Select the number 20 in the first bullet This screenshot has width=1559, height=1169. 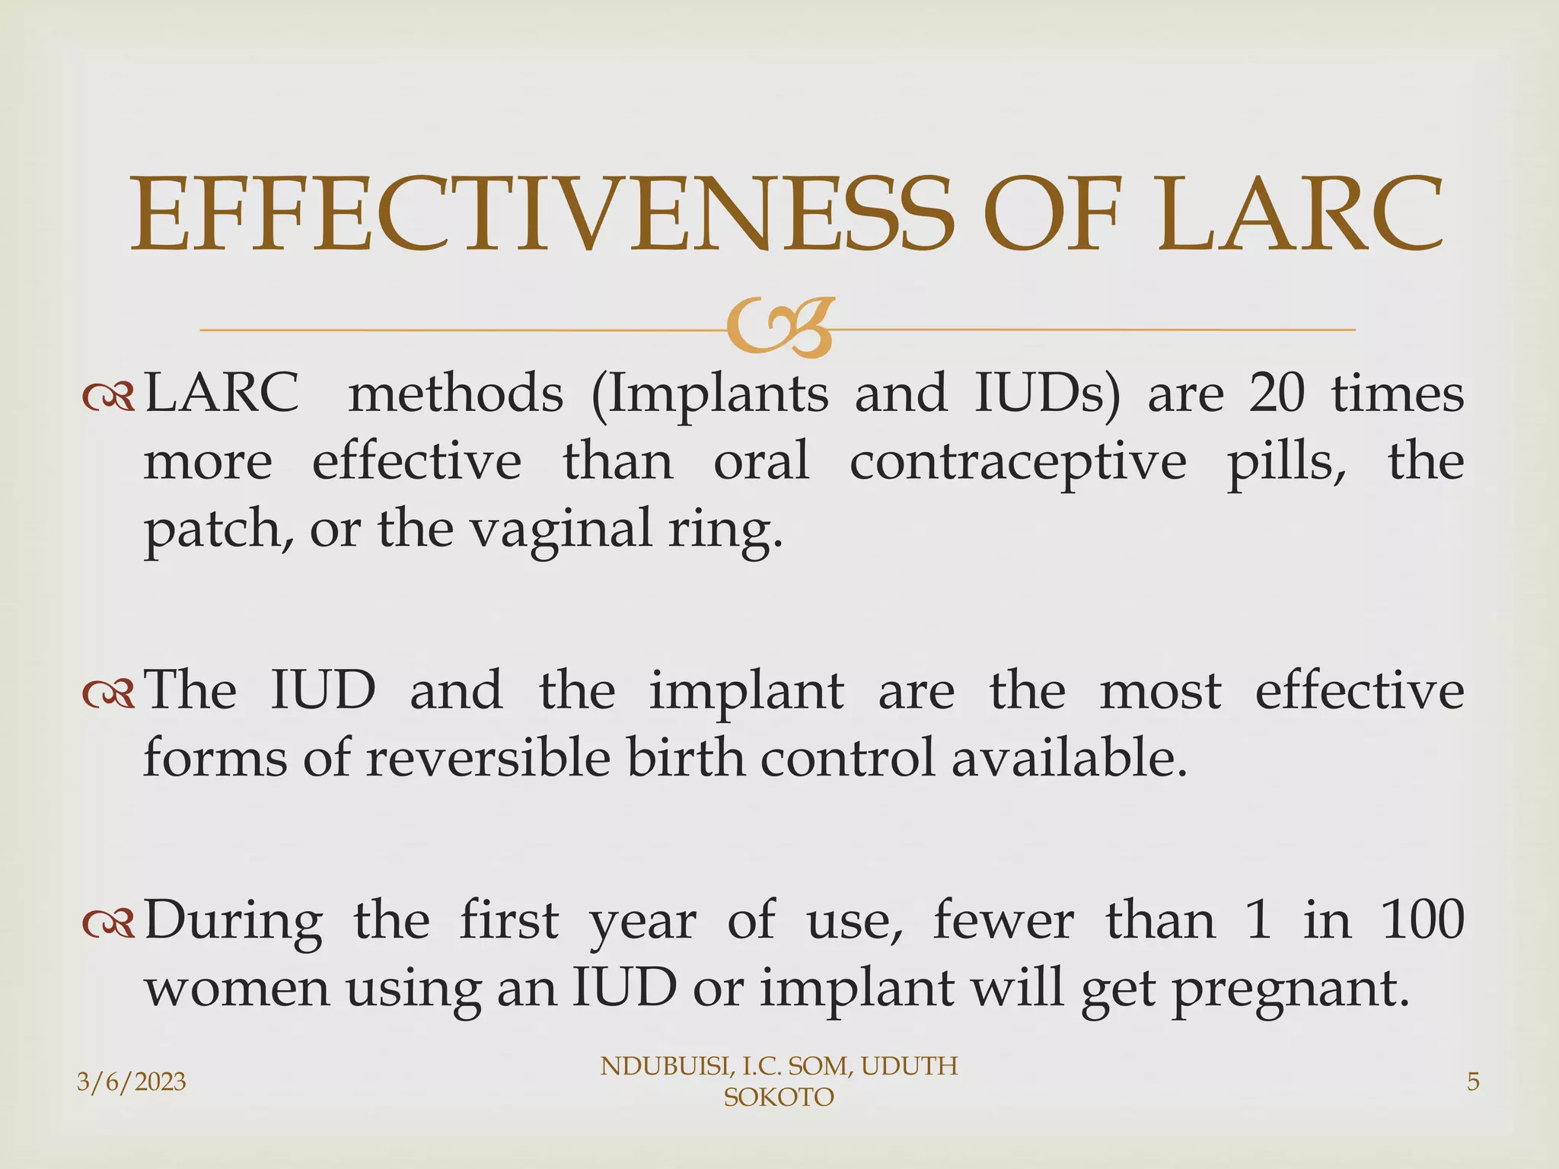1277,395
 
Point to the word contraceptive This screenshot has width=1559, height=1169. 1017,463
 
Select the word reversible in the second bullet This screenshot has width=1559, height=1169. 488,759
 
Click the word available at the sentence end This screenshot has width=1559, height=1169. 1070,759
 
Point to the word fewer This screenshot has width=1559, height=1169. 1003,919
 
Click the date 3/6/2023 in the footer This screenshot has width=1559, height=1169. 132,1081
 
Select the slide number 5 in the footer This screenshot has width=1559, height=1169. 1473,1081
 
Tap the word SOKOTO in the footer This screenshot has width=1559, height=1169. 778,1097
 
